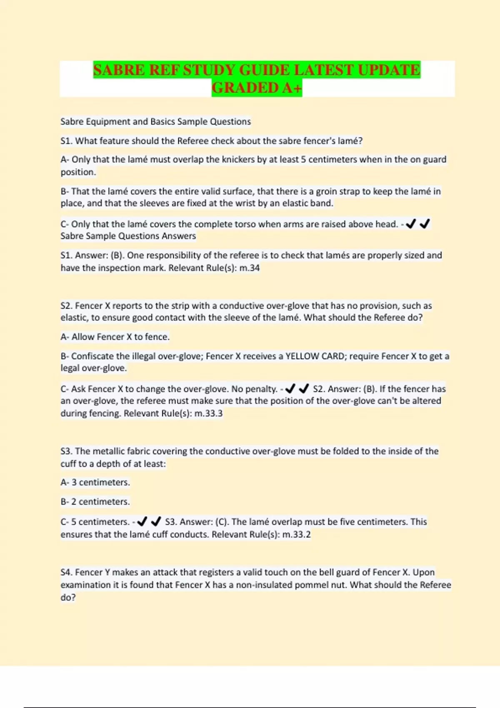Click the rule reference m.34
point(250,268)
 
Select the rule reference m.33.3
point(209,413)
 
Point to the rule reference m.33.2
point(297,534)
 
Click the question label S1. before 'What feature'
point(67,141)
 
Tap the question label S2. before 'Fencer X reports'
point(67,305)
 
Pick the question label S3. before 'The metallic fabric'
point(67,451)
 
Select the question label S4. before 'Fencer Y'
point(67,572)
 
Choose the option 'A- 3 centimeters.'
point(95,482)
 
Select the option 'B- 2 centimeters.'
point(95,501)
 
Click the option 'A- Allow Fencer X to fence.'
point(115,337)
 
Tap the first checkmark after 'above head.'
point(411,224)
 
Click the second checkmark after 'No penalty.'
point(304,389)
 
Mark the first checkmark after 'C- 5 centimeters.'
point(142,521)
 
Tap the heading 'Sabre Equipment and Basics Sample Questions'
point(156,122)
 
